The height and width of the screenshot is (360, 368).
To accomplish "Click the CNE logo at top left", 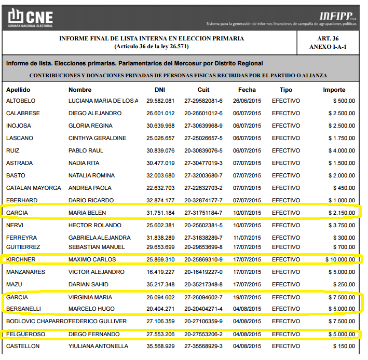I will pyautogui.click(x=31, y=18).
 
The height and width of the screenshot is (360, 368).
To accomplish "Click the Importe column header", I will pyautogui.click(x=334, y=90).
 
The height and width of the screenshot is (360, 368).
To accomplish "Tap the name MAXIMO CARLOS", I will pyautogui.click(x=92, y=259).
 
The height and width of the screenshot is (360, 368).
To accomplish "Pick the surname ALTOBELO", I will pyautogui.click(x=21, y=101).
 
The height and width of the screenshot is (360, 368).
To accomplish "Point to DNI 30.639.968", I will pyautogui.click(x=160, y=126).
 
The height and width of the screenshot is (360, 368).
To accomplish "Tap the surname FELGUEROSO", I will pyautogui.click(x=26, y=334).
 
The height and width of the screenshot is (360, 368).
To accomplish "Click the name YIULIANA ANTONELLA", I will pyautogui.click(x=98, y=346).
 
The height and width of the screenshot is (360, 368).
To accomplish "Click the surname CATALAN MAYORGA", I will pyautogui.click(x=33, y=188).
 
